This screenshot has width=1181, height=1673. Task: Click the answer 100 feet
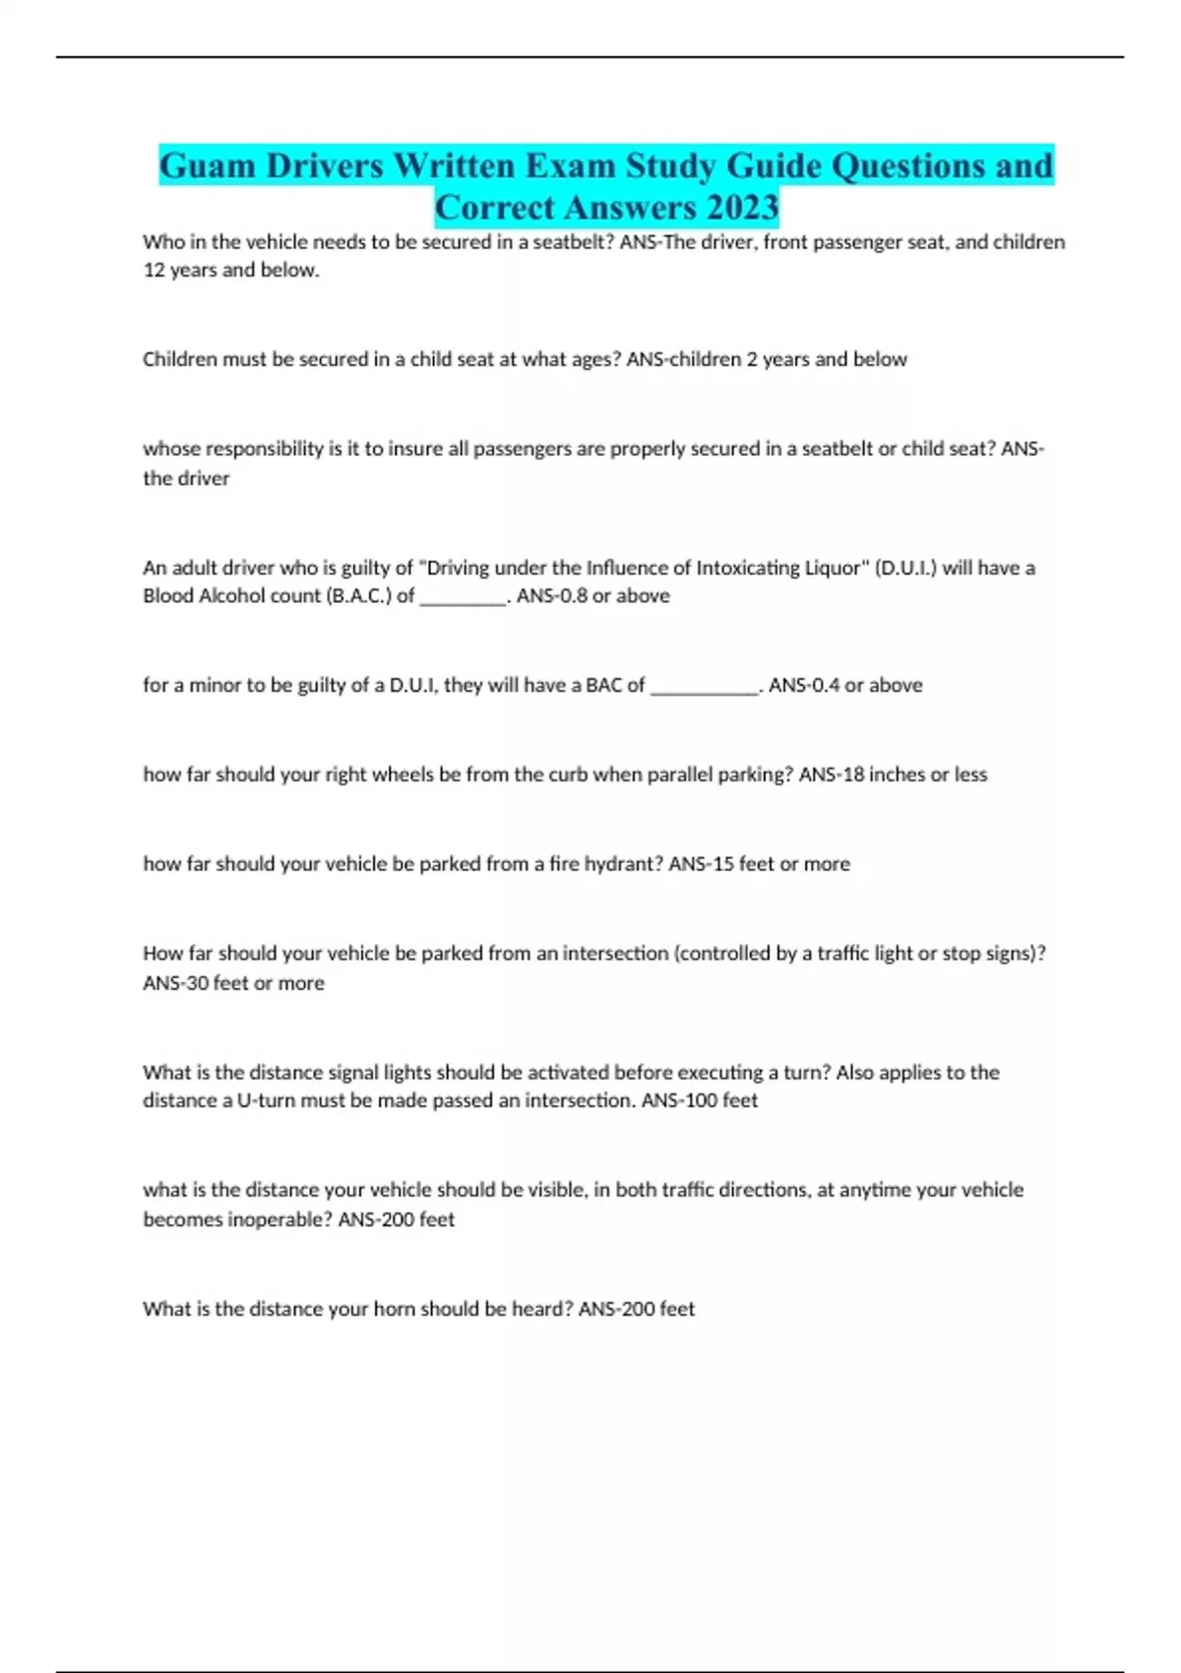[720, 1100]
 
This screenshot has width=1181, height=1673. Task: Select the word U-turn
[267, 1100]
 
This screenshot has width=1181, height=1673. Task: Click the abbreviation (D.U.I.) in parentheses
[904, 568]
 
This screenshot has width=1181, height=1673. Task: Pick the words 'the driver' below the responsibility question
[186, 478]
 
